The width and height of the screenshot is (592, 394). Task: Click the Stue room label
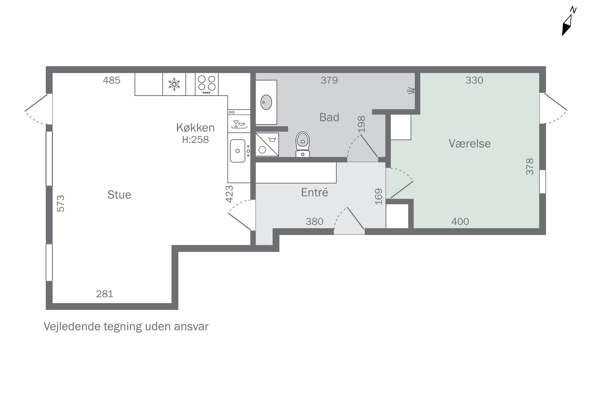(x=119, y=195)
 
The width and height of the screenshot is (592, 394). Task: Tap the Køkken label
(x=195, y=128)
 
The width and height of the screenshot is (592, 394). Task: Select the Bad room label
(x=329, y=117)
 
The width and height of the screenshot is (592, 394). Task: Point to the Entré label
(x=315, y=192)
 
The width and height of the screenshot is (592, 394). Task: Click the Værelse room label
(x=470, y=143)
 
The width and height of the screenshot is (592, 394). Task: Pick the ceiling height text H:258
(x=196, y=140)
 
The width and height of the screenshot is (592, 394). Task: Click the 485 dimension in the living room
(x=111, y=80)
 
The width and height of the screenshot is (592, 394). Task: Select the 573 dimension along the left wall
(x=61, y=203)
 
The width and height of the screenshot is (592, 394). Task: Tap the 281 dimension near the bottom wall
(x=105, y=294)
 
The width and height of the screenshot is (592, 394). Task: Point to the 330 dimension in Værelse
(x=474, y=80)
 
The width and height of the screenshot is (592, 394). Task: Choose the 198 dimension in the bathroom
(x=361, y=124)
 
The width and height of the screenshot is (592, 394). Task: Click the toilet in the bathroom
(x=303, y=144)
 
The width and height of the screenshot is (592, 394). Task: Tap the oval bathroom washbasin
(x=266, y=102)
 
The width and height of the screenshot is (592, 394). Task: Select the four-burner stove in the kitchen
(x=207, y=84)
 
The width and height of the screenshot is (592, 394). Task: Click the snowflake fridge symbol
(x=174, y=84)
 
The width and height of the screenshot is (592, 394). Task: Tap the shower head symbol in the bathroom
(x=411, y=90)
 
